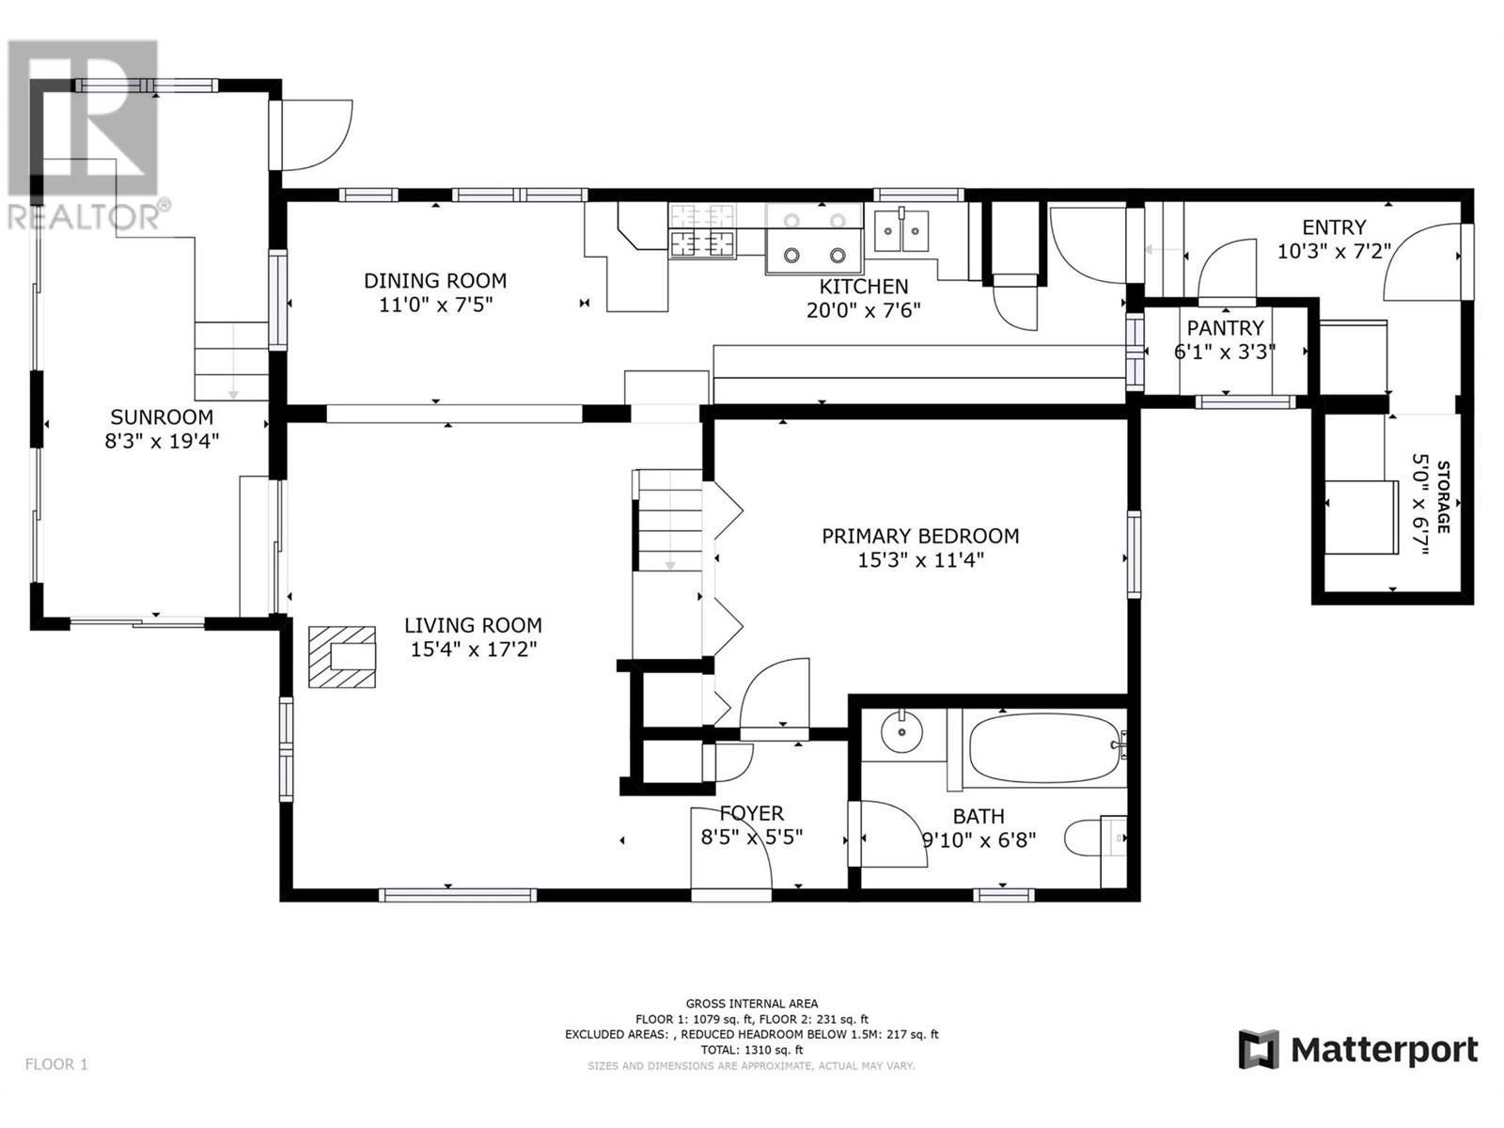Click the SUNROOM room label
click(162, 416)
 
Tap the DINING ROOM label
click(435, 280)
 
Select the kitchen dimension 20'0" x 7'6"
click(863, 310)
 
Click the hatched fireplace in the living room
click(342, 656)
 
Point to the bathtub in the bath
click(1043, 748)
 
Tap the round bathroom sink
click(901, 732)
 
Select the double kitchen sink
click(901, 231)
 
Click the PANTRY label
click(1225, 327)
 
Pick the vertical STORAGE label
click(1443, 497)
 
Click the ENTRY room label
click(1334, 227)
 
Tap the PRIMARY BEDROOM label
click(920, 536)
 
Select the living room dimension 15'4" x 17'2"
click(474, 649)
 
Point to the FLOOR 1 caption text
click(57, 1064)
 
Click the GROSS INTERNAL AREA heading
click(752, 1004)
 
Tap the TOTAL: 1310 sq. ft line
click(752, 1050)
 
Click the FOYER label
click(752, 813)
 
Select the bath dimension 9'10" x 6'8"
click(979, 839)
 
